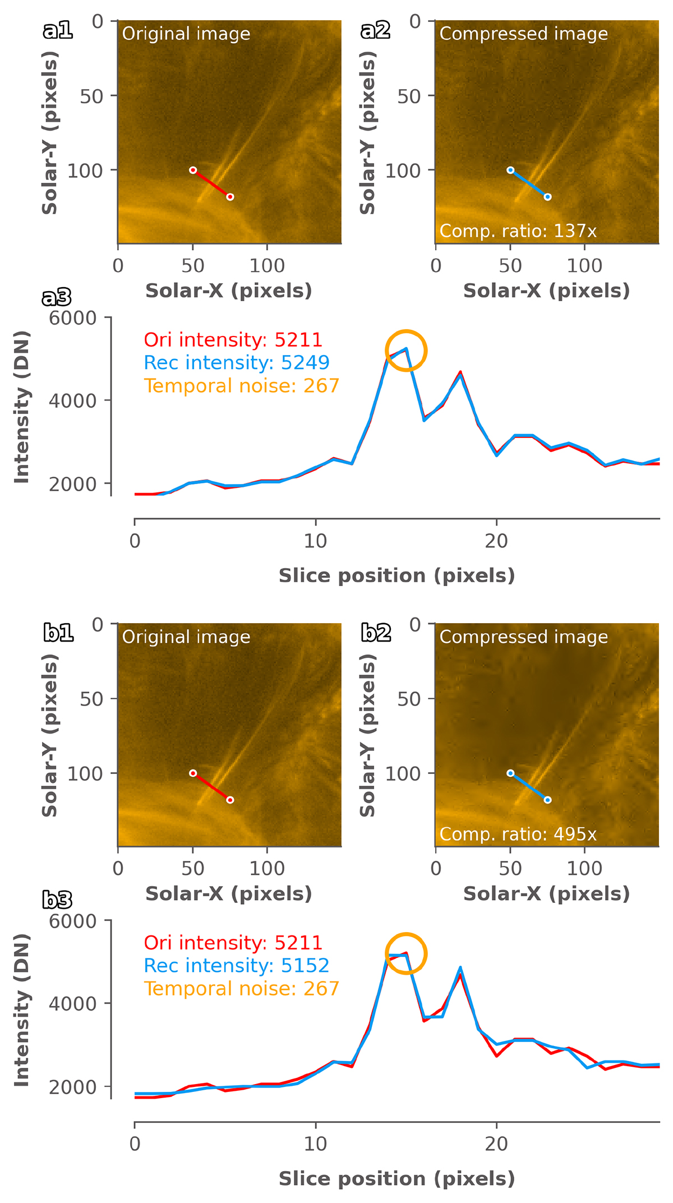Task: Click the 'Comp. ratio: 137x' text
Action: click(518, 231)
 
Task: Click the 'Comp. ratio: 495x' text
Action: click(518, 834)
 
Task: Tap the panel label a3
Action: click(57, 298)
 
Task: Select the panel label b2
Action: click(375, 633)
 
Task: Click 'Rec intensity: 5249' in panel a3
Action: click(236, 363)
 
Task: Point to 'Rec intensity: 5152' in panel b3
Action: click(236, 966)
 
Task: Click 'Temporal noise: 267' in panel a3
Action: click(241, 386)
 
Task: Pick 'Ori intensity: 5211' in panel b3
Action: click(233, 943)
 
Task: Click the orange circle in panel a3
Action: click(406, 351)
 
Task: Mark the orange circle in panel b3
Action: click(406, 953)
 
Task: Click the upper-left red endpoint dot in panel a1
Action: click(193, 170)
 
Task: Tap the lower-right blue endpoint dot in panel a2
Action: click(548, 197)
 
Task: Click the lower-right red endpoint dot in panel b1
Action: click(230, 800)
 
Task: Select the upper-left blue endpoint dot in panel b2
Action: click(510, 773)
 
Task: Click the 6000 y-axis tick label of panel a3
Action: click(72, 318)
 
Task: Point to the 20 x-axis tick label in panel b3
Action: click(496, 1144)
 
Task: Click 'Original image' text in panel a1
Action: click(186, 34)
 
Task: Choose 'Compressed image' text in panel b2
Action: click(523, 637)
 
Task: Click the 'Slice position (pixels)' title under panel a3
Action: click(397, 576)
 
